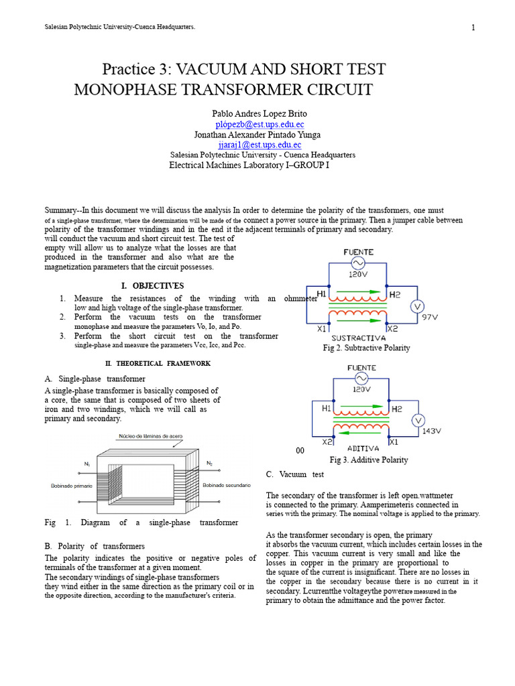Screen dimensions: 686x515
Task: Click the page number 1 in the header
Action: [x=473, y=27]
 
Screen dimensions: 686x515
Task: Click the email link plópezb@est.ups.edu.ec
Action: [x=260, y=124]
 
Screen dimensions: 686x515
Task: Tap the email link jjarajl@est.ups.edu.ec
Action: [x=260, y=145]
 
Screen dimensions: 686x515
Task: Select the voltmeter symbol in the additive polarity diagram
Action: [x=418, y=420]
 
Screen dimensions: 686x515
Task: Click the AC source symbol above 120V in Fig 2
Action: [x=358, y=263]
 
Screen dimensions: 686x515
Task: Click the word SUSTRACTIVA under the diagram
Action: [x=358, y=338]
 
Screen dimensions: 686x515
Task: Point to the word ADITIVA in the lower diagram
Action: [x=363, y=448]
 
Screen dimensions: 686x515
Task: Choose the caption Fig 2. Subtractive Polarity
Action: [x=366, y=348]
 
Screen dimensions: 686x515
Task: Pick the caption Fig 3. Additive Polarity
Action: [x=369, y=460]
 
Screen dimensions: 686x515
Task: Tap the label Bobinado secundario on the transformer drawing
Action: [x=227, y=485]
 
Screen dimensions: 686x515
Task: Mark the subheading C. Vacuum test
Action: [x=294, y=474]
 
